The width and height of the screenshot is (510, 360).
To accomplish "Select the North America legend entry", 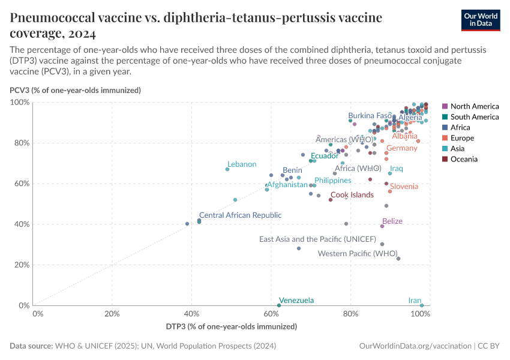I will click(474, 106).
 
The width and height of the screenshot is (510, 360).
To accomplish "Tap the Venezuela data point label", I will click(296, 301).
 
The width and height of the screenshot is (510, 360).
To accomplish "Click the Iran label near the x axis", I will click(415, 301).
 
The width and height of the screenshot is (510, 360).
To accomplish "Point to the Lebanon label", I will click(242, 164).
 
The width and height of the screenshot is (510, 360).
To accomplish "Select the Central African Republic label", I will click(240, 215).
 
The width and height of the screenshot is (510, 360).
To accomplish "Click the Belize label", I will click(392, 221).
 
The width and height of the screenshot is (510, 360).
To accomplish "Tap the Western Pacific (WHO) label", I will click(358, 253).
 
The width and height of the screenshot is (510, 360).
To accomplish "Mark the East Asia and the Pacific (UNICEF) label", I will click(317, 239).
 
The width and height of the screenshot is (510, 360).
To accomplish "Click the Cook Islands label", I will click(352, 195).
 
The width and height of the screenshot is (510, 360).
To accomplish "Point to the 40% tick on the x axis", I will click(192, 313).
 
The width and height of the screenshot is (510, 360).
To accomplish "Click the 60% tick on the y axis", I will click(20, 184).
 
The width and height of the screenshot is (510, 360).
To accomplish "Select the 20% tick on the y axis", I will click(20, 265).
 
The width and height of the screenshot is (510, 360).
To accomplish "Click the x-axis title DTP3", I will click(231, 326).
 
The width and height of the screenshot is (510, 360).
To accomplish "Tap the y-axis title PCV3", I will click(75, 91).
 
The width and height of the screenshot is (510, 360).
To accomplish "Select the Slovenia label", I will click(404, 187).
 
